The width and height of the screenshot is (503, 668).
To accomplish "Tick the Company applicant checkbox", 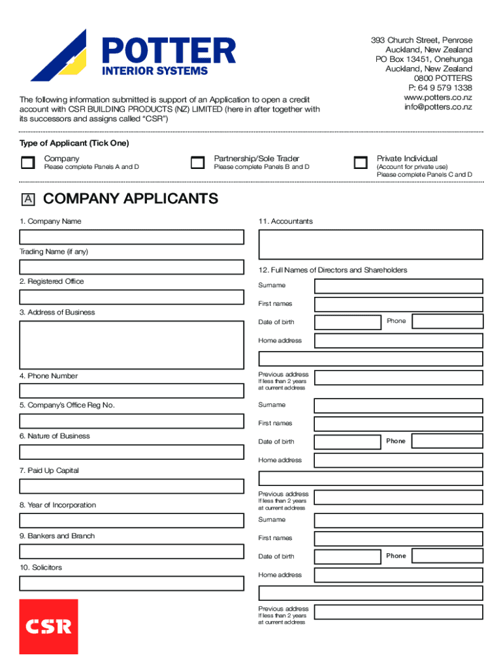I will [x=27, y=163].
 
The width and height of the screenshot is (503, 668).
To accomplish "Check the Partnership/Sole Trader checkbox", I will [x=197, y=163].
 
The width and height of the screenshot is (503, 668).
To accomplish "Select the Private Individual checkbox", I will [x=360, y=163].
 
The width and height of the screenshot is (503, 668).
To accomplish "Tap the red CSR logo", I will [x=48, y=626].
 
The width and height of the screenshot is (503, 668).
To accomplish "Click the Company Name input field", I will [x=131, y=237].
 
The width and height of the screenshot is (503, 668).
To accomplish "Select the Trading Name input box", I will [x=131, y=267].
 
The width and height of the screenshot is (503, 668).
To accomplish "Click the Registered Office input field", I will [x=131, y=297].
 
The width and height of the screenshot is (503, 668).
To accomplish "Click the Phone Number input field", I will [x=131, y=391].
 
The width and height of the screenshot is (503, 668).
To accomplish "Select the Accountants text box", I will [x=370, y=244].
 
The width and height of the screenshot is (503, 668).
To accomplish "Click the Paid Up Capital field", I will [x=131, y=486].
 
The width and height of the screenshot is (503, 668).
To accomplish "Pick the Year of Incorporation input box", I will [x=131, y=521].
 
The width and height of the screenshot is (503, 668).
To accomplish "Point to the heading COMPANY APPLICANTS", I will [x=131, y=199].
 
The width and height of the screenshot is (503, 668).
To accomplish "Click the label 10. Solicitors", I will [x=41, y=568].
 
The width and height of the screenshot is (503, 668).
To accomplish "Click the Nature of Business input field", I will [x=131, y=451].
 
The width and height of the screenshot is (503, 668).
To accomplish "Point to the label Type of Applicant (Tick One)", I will [x=74, y=143].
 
